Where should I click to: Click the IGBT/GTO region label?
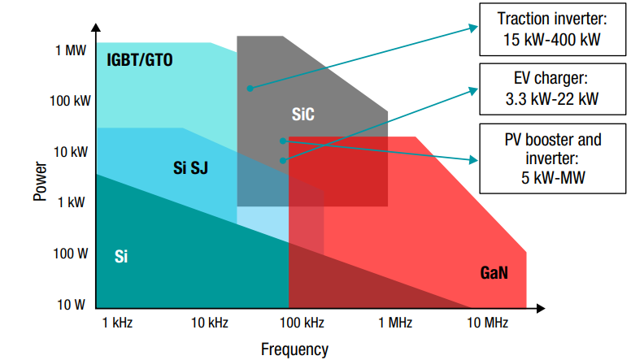pyautogui.click(x=140, y=59)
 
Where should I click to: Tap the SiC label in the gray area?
pyautogui.click(x=302, y=115)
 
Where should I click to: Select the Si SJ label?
pyautogui.click(x=192, y=169)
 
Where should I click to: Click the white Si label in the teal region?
pyautogui.click(x=120, y=258)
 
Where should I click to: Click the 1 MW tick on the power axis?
pyautogui.click(x=71, y=50)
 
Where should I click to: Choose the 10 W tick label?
pyautogui.click(x=72, y=305)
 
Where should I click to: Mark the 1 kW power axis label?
pyautogui.click(x=71, y=202)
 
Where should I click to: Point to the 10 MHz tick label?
pyautogui.click(x=487, y=323)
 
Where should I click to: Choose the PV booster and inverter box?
pyautogui.click(x=551, y=158)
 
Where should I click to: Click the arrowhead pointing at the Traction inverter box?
pyautogui.click(x=473, y=27)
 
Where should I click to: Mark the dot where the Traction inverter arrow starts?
pyautogui.click(x=250, y=88)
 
